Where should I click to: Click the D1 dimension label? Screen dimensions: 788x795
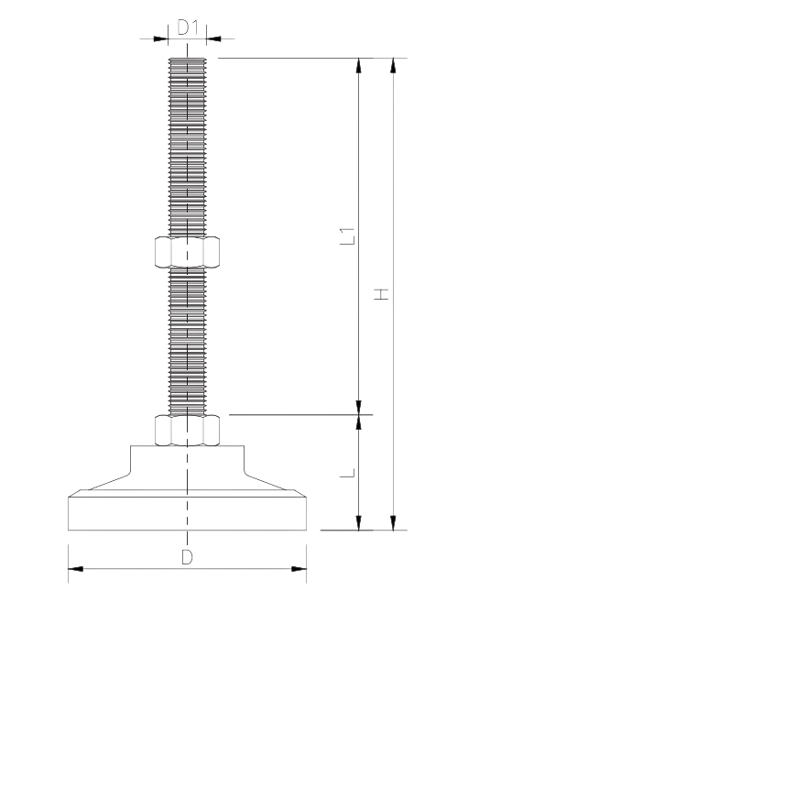(x=188, y=27)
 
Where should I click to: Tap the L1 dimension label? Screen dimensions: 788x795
(x=347, y=235)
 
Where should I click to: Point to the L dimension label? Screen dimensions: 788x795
(x=347, y=474)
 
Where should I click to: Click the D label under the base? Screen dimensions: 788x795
(x=187, y=557)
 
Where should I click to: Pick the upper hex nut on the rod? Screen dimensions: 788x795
(x=188, y=252)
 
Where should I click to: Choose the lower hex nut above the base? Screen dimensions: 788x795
(x=188, y=429)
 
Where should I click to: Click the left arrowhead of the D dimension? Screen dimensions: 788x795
(x=77, y=569)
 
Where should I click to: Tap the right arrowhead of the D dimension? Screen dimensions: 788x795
(x=298, y=569)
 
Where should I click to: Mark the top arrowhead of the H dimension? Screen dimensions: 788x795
(x=393, y=66)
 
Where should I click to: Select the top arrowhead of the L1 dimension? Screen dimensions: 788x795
(x=359, y=66)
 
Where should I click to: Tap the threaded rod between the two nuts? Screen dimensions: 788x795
(x=188, y=339)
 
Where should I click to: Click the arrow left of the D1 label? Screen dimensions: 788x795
(x=159, y=38)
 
